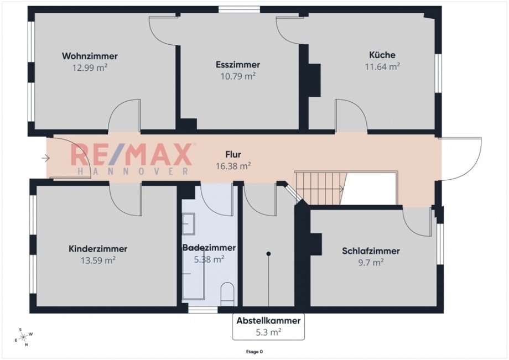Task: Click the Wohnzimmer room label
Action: click(90, 56)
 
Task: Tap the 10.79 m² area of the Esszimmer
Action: click(238, 76)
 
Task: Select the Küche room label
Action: click(382, 55)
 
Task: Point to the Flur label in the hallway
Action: click(233, 154)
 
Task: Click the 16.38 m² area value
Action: click(233, 165)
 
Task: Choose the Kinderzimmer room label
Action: click(98, 249)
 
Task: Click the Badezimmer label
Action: click(209, 248)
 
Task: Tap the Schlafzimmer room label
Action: click(371, 251)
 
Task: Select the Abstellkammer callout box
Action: click(268, 326)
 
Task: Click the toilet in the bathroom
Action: click(227, 294)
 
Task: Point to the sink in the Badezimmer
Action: click(188, 224)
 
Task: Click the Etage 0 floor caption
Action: click(254, 351)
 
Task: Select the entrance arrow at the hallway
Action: click(45, 159)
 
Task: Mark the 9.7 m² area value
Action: click(371, 263)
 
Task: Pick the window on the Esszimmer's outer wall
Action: click(239, 9)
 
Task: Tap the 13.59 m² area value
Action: click(98, 260)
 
